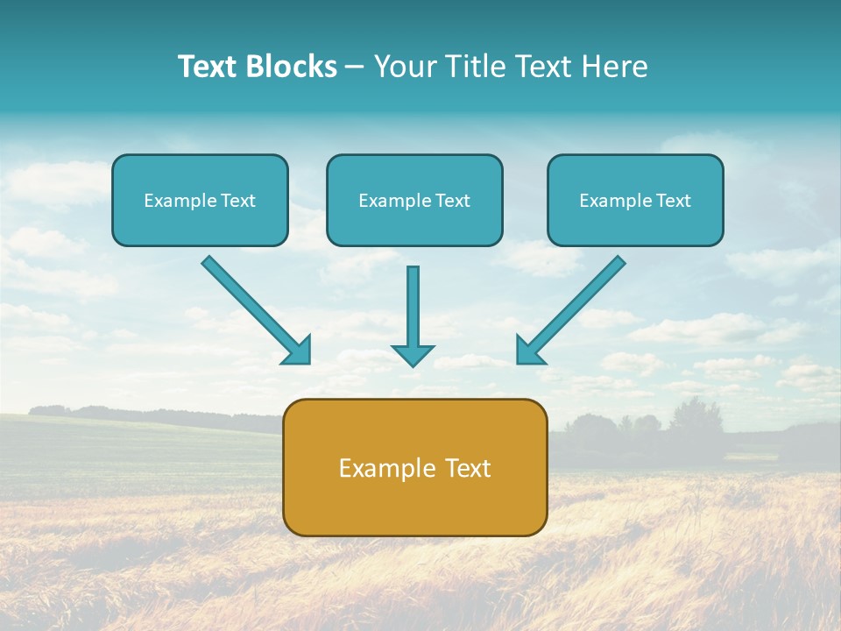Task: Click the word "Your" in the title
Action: click(403, 67)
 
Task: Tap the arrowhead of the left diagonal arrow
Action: click(298, 351)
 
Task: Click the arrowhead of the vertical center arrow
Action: click(413, 355)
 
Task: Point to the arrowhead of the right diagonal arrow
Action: click(528, 351)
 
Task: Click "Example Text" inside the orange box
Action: click(414, 468)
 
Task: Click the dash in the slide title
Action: click(356, 67)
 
